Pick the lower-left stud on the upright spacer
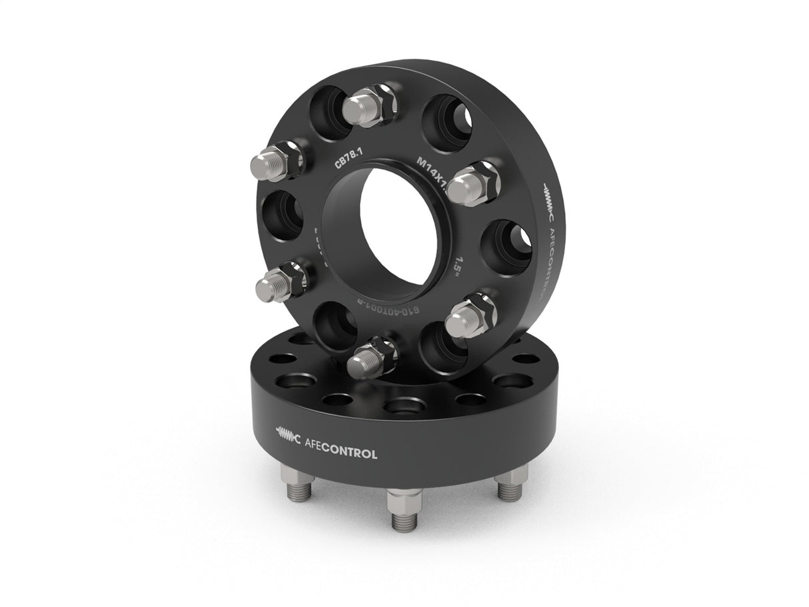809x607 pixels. pyautogui.click(x=277, y=282)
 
